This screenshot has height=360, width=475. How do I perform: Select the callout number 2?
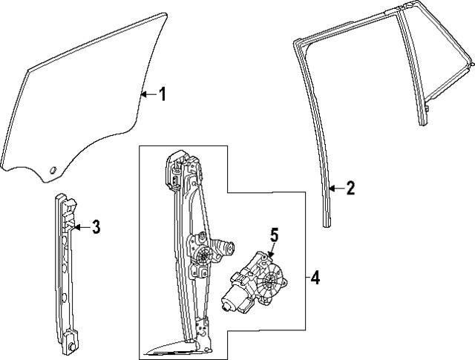point(350,188)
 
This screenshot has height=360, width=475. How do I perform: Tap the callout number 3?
point(95,227)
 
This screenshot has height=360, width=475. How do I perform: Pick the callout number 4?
point(315,278)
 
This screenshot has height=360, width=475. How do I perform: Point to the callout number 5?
point(273,236)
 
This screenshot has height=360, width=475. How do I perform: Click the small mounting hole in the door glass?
point(52,172)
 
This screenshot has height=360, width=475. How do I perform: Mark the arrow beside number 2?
point(335,189)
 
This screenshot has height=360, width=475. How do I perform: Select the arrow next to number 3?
point(81,226)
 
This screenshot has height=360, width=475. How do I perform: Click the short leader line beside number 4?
point(306,278)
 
